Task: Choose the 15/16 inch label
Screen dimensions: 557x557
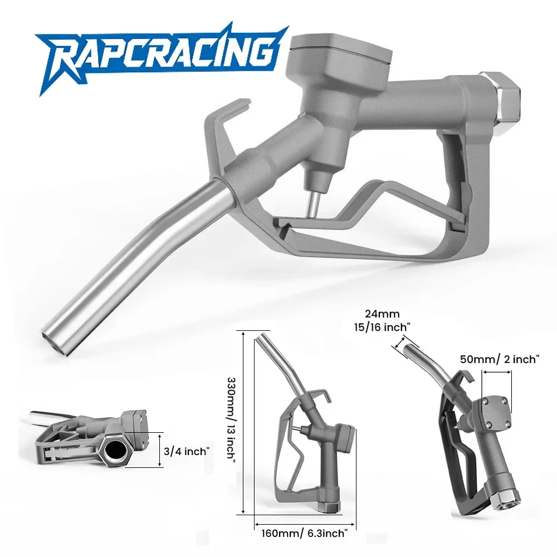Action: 388,326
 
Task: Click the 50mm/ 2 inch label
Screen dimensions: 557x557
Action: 500,360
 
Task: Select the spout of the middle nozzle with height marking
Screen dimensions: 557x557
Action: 284,362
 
